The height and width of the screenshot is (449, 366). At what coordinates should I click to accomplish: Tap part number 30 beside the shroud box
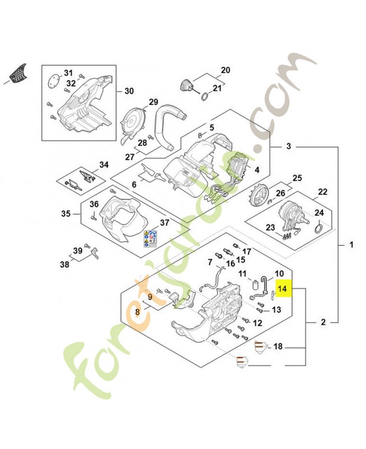coord(129,91)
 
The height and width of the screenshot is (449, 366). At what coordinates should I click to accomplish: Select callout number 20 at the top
coord(226,71)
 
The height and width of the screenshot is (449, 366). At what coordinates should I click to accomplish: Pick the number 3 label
coord(289,147)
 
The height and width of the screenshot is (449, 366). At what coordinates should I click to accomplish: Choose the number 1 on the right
coord(351,245)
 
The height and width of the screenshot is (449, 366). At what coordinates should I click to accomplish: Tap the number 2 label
coord(323,322)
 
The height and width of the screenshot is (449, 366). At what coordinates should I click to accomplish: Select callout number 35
coord(65,214)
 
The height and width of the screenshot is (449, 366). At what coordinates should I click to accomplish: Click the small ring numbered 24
coord(317,227)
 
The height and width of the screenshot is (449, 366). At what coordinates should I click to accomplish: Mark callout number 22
coord(322,192)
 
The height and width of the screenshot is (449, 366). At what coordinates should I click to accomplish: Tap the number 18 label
coord(277,348)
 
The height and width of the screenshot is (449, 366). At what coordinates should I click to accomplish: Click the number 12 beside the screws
coord(258,323)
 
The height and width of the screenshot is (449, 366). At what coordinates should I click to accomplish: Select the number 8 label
coord(138,311)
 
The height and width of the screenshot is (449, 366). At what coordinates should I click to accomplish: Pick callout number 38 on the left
coord(65,263)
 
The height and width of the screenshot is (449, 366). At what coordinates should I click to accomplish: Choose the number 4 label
coord(257,169)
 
